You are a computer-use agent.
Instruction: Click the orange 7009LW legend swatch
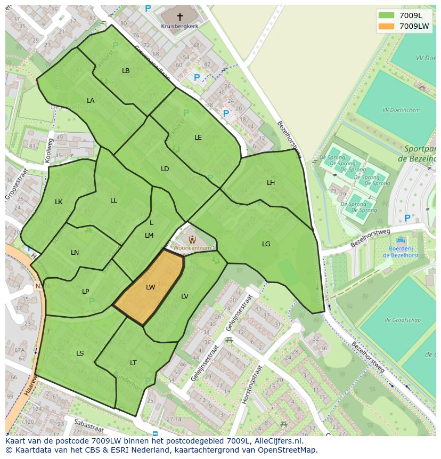point(387,26)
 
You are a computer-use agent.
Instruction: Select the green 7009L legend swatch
point(387,15)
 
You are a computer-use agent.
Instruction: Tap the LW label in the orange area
point(151,287)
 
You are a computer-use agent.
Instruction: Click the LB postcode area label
point(126,71)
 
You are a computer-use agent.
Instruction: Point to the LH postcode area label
point(271,183)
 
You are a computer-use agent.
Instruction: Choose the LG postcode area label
point(266,244)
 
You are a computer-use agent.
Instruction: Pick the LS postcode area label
point(80,353)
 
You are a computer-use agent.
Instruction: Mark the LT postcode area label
point(133,363)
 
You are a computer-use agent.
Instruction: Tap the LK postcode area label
point(59,202)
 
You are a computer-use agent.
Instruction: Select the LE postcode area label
point(198,138)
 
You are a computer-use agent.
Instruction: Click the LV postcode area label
point(185,296)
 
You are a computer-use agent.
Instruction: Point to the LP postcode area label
point(86,292)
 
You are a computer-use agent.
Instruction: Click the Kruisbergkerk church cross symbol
point(180,17)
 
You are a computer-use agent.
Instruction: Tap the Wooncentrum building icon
point(192,239)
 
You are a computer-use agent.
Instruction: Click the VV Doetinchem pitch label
point(401,110)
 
